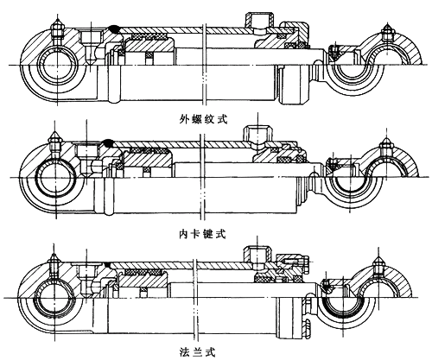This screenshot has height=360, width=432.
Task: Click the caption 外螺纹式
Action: (x=204, y=119)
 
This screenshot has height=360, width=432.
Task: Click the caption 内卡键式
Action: (x=202, y=234)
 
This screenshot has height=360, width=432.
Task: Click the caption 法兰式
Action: (x=197, y=352)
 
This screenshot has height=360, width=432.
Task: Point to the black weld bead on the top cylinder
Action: (x=115, y=28)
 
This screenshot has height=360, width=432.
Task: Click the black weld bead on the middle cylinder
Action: (x=108, y=143)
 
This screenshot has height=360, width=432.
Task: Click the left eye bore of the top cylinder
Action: (x=58, y=66)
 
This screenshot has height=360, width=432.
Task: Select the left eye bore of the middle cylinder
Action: (x=54, y=178)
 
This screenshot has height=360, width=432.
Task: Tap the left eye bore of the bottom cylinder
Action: (x=54, y=298)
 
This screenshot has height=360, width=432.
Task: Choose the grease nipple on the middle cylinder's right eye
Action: (x=386, y=146)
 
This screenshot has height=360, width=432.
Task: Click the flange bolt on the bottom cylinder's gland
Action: (x=296, y=262)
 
